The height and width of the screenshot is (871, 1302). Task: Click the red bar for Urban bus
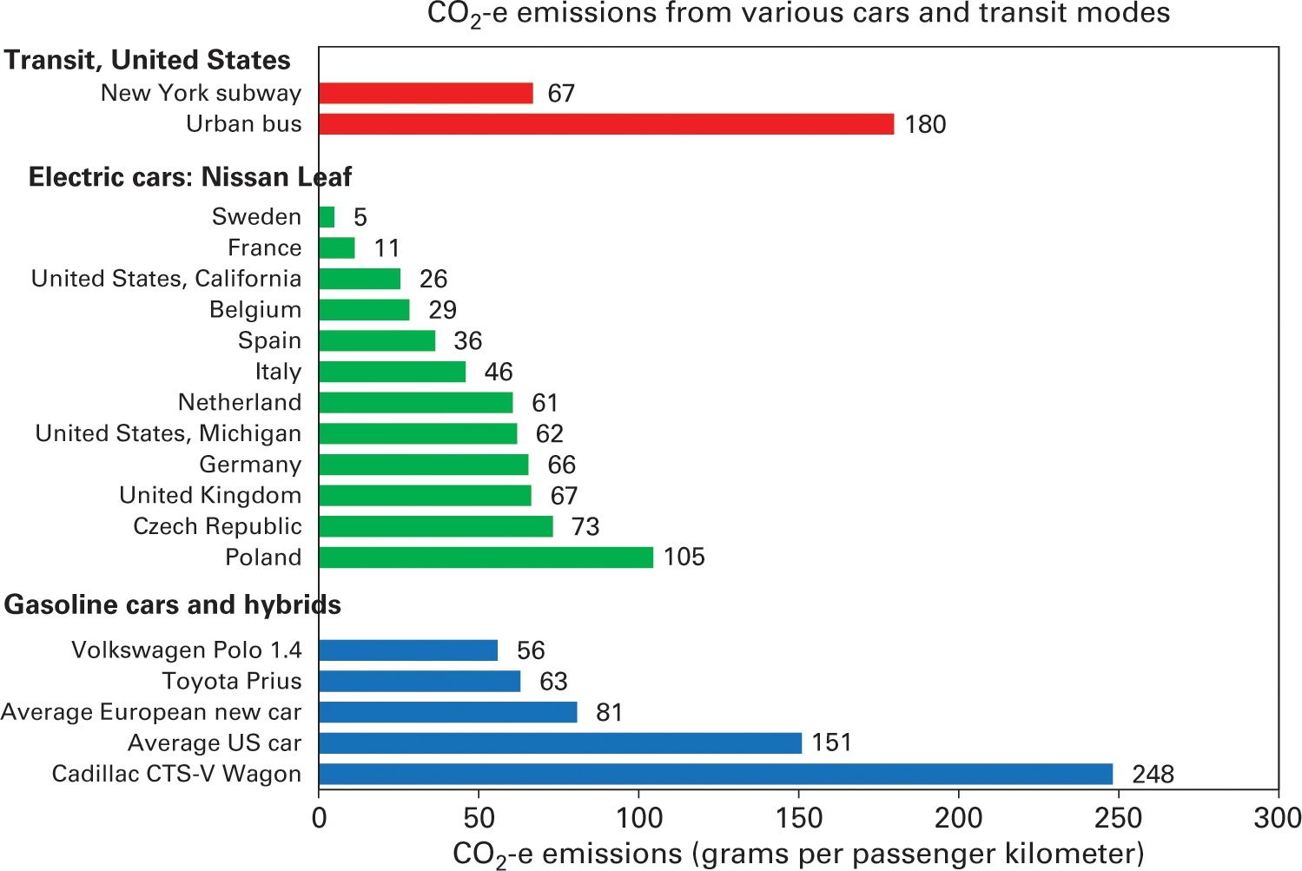pyautogui.click(x=605, y=124)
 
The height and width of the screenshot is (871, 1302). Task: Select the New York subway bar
pyautogui.click(x=426, y=93)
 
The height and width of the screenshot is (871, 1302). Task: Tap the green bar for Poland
pyautogui.click(x=486, y=558)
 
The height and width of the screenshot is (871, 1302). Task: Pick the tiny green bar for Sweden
pyautogui.click(x=327, y=217)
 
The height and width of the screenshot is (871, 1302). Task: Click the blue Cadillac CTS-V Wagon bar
pyautogui.click(x=715, y=774)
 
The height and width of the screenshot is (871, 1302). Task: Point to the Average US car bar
pyautogui.click(x=559, y=743)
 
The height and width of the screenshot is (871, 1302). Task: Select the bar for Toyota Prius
pyautogui.click(x=420, y=682)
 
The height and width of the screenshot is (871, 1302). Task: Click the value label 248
pyautogui.click(x=1153, y=775)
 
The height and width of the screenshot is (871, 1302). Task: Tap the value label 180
pyautogui.click(x=925, y=125)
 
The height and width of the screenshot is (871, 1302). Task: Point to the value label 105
pyautogui.click(x=684, y=558)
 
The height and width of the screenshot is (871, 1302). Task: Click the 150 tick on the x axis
pyautogui.click(x=798, y=818)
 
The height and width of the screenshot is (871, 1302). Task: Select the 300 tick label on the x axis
pyautogui.click(x=1277, y=818)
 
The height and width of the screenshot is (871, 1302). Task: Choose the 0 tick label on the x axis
pyautogui.click(x=319, y=818)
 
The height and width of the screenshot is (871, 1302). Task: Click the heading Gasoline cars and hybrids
pyautogui.click(x=172, y=605)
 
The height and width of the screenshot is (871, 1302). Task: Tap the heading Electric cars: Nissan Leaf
pyautogui.click(x=189, y=177)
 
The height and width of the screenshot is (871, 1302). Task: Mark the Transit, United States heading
pyautogui.click(x=147, y=60)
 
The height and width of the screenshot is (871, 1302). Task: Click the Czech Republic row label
pyautogui.click(x=217, y=526)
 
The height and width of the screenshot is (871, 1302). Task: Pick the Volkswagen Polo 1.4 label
pyautogui.click(x=186, y=650)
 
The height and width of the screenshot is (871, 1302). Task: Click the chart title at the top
pyautogui.click(x=798, y=15)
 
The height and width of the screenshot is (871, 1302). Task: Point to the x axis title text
pyautogui.click(x=798, y=855)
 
